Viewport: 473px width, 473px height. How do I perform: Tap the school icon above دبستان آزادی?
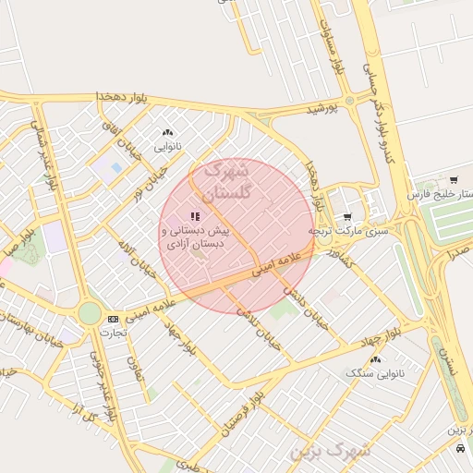pos(195,215)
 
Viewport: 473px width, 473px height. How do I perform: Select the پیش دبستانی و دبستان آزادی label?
pos(195,237)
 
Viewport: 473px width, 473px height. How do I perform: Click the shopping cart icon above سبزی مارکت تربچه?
pos(347,217)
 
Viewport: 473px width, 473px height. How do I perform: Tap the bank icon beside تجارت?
pos(113,319)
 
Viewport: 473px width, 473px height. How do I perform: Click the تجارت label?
pos(113,332)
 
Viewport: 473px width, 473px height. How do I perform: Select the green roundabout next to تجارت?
pos(90,313)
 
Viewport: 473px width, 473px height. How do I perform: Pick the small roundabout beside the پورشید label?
pos(349,100)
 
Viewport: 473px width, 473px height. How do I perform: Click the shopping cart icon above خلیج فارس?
pos(453,179)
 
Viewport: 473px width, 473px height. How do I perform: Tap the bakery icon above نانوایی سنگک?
pos(377,358)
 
